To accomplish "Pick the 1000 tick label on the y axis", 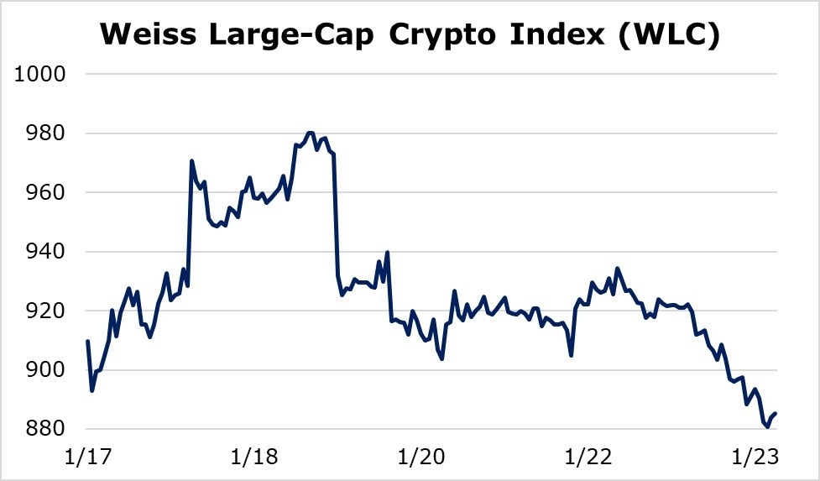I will pos(41,74).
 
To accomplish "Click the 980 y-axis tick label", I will pos(47,133).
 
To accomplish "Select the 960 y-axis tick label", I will pos(47,192).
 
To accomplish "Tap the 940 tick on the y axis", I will pos(47,252).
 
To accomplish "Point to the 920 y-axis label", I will pos(47,311).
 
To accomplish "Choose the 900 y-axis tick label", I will pos(47,370).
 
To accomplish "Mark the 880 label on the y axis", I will pos(47,429).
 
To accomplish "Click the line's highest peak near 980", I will pos(311,133).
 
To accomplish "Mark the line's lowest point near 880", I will pos(767,427).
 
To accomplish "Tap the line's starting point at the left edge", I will pos(88,341).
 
